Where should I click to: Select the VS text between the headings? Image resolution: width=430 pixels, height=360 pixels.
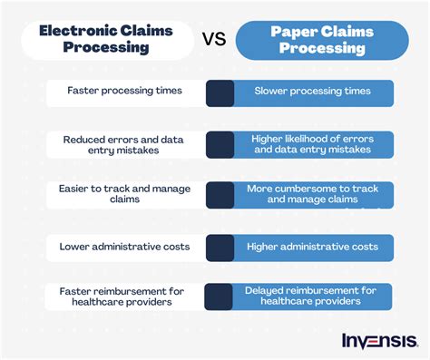[x=214, y=40]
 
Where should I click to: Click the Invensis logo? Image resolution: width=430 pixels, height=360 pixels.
[x=379, y=341]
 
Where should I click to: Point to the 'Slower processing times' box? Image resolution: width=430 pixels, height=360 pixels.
[x=314, y=92]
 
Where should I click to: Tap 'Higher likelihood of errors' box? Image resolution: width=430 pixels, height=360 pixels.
[x=314, y=145]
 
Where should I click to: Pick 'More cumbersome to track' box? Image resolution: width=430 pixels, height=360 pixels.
[x=314, y=194]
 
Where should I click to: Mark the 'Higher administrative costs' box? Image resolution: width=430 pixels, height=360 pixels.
[x=314, y=246]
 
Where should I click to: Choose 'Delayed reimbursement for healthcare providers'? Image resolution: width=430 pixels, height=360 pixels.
[x=314, y=297]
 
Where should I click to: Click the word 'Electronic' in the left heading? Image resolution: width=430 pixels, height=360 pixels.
[x=83, y=30]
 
